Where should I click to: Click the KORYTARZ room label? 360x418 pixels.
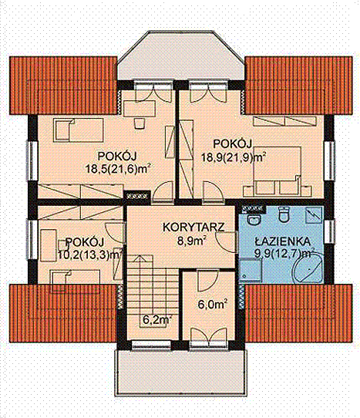[x=193, y=228]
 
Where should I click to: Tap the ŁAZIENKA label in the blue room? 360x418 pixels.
[x=282, y=241]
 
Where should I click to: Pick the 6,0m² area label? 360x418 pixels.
[x=212, y=305]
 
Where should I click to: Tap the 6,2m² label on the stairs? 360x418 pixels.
[x=156, y=320]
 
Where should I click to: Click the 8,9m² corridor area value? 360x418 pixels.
[x=192, y=241]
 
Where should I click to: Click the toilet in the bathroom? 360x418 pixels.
[x=283, y=214]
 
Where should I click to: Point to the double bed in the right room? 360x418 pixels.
[x=277, y=171]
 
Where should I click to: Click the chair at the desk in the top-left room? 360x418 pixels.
[x=139, y=123]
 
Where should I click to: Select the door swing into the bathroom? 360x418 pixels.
[x=226, y=241]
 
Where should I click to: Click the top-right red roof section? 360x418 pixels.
[x=298, y=86]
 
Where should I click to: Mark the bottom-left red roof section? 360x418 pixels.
[x=63, y=313]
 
